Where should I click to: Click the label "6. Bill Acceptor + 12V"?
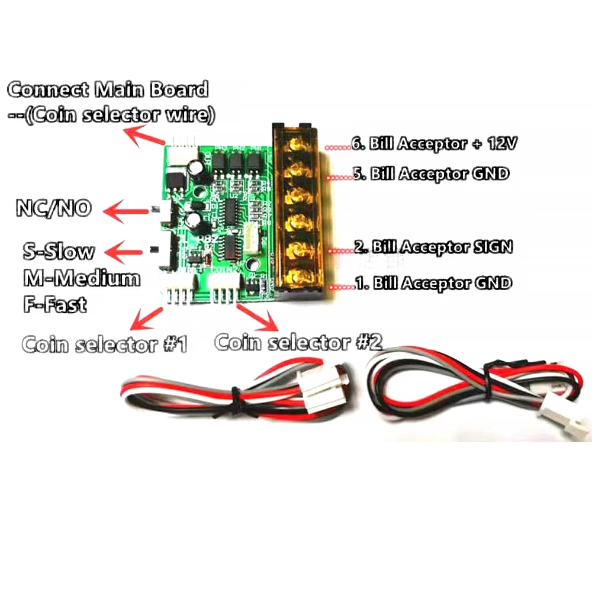tap(434, 143)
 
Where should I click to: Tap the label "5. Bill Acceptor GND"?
tap(431, 173)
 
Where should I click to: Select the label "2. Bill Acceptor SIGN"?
tap(433, 247)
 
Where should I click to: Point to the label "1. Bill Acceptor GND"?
tap(433, 283)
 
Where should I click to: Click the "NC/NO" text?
tap(54, 208)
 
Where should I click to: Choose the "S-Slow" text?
tap(59, 252)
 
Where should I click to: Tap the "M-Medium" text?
tap(82, 278)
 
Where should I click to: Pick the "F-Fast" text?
tap(55, 304)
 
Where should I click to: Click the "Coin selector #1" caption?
tap(105, 345)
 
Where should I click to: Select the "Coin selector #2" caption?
tap(298, 342)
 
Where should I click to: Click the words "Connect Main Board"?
tap(108, 89)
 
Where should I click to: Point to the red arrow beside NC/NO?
tap(126, 211)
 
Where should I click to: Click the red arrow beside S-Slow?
tap(124, 252)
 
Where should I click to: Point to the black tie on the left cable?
tap(237, 402)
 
